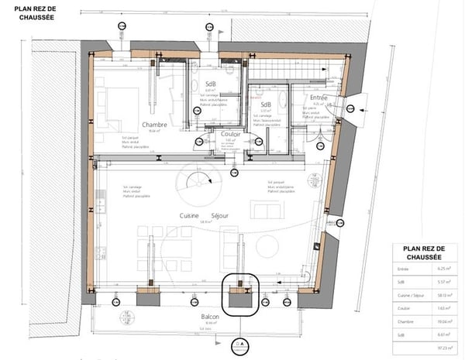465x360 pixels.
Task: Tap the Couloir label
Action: [232, 134]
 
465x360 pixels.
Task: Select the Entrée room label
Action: [319, 98]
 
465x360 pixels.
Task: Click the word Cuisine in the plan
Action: [190, 215]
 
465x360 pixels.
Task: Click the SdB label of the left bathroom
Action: [210, 84]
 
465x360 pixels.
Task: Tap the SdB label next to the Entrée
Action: [266, 105]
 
